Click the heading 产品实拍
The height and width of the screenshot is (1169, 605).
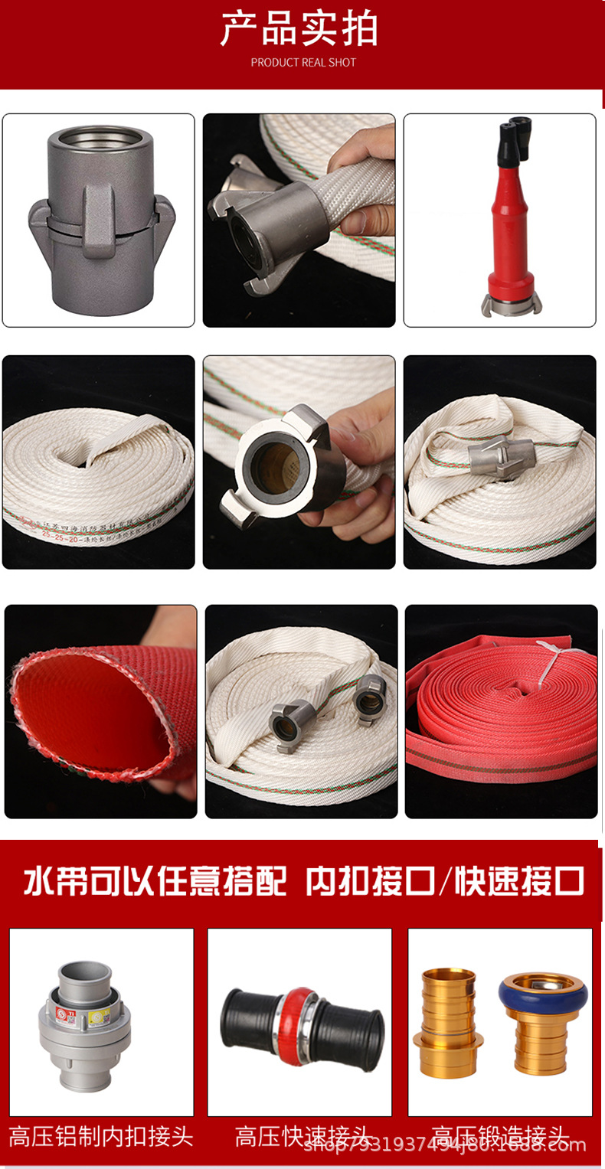[299, 30]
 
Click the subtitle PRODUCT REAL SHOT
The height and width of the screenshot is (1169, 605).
[303, 62]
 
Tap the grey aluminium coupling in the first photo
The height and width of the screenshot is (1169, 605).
[100, 221]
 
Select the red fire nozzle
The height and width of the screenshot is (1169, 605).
[509, 230]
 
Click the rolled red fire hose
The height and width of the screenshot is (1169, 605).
[502, 712]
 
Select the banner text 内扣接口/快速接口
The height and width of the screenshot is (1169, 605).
[445, 881]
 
